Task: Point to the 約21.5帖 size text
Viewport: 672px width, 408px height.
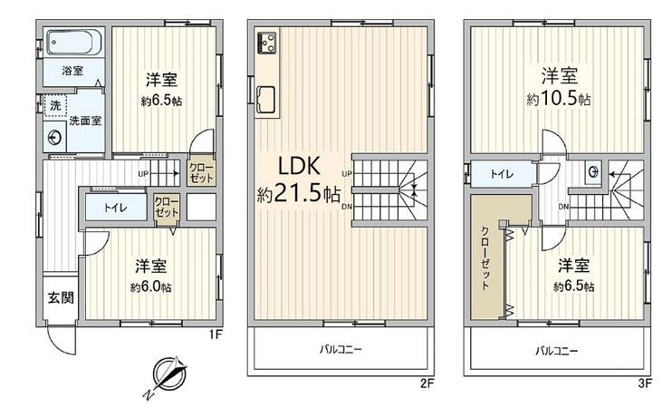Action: [x=298, y=193]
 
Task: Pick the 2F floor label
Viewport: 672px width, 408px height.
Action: [x=426, y=383]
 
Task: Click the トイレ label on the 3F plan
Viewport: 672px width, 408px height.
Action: [x=499, y=173]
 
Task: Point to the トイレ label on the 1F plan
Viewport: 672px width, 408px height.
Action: [x=115, y=207]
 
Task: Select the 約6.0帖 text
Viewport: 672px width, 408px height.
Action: [x=150, y=287]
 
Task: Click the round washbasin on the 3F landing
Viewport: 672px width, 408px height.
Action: [x=592, y=170]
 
